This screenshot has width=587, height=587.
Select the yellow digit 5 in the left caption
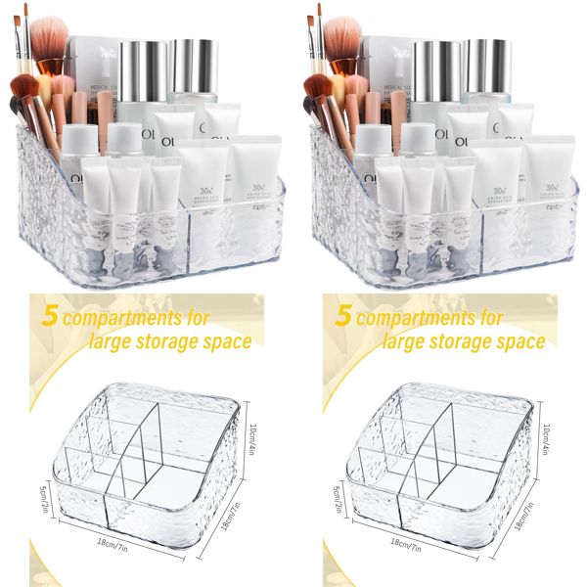click(47, 317)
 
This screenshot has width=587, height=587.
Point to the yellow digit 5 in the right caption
click(342, 317)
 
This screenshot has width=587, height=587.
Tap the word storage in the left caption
click(175, 341)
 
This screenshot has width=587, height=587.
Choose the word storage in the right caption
click(469, 341)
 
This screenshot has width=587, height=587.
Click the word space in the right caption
click(520, 341)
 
